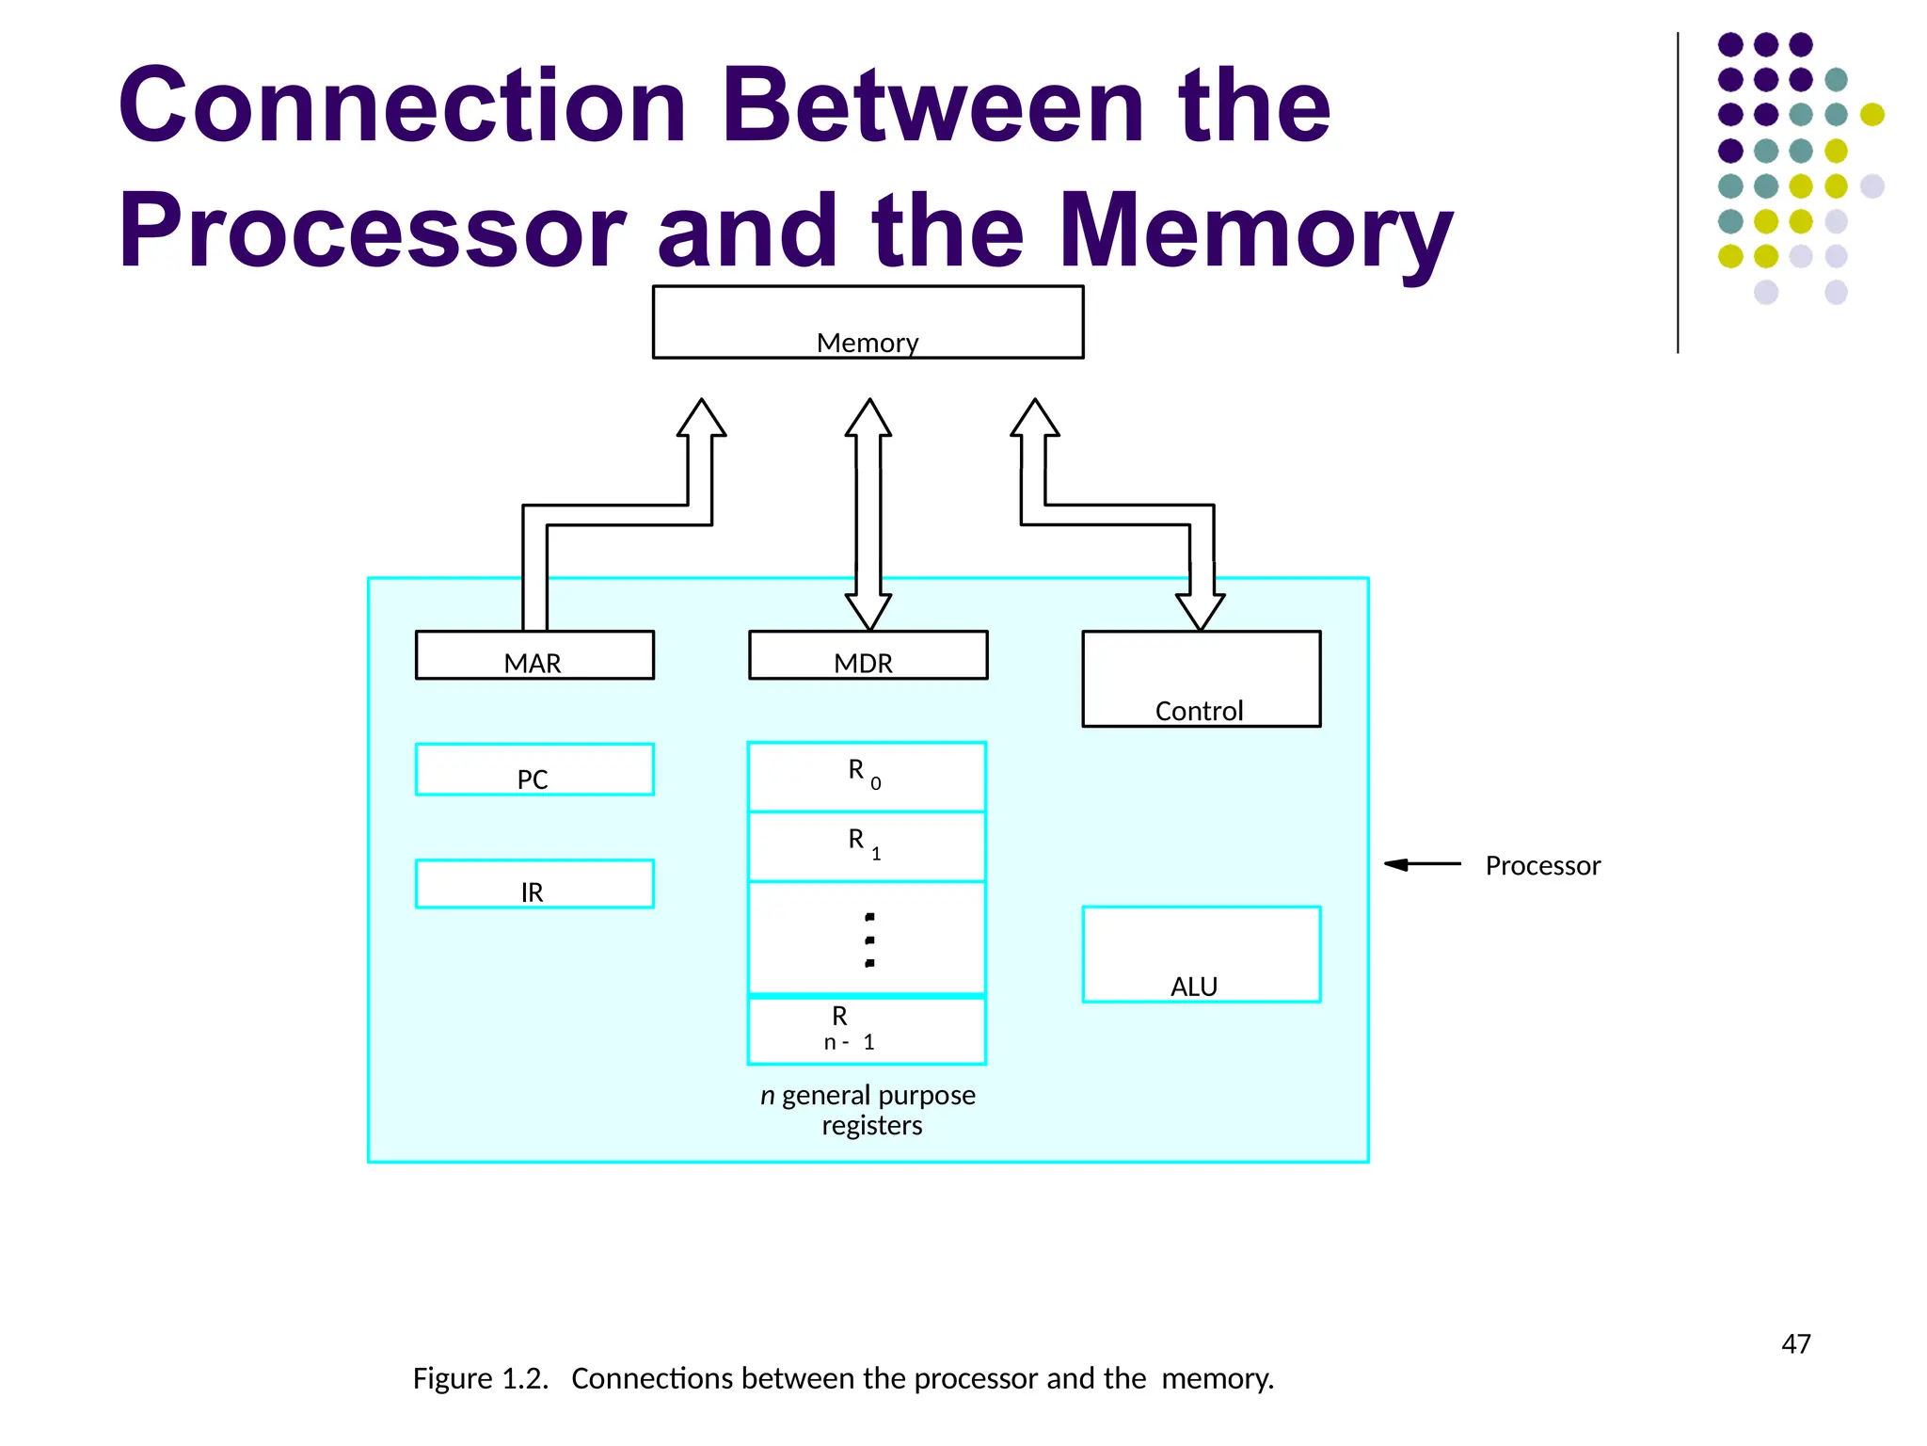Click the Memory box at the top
(868, 322)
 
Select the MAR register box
(534, 655)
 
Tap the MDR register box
(868, 655)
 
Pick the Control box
(1201, 679)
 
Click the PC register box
(534, 770)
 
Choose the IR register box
(534, 884)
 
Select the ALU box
(1201, 955)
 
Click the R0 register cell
(867, 777)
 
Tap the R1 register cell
(867, 846)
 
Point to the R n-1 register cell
(867, 1030)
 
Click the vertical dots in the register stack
(869, 940)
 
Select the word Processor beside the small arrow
(1542, 866)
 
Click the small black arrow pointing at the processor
(1421, 864)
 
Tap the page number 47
(1795, 1344)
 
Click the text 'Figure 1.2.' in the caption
(480, 1378)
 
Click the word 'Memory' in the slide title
(1255, 231)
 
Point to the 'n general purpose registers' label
(868, 1110)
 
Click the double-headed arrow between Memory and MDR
(868, 513)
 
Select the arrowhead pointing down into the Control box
(1201, 610)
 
